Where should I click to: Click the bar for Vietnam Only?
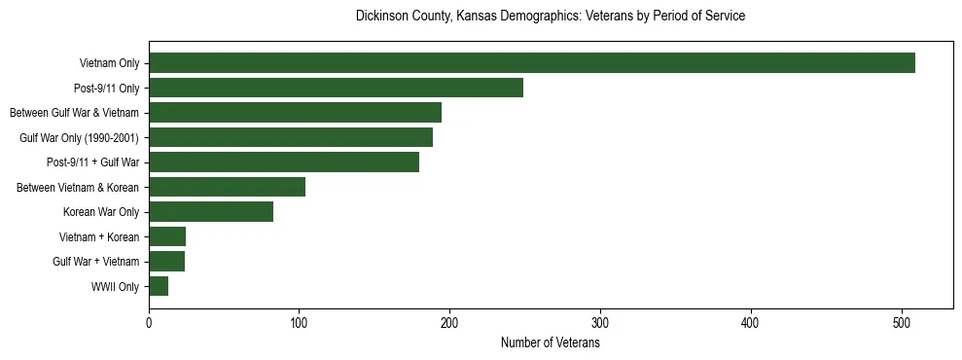[x=532, y=63]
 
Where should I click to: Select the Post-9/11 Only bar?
[x=336, y=88]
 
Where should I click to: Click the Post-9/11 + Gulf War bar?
[x=284, y=162]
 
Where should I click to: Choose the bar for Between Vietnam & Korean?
[x=227, y=187]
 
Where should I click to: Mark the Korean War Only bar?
[x=211, y=212]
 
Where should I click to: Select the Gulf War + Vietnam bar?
[x=166, y=262]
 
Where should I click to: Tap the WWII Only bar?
[x=159, y=286]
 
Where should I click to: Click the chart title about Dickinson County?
[x=550, y=17]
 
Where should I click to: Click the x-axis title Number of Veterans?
[x=550, y=343]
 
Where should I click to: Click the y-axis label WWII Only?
[x=116, y=287]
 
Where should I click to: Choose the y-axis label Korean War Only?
[x=101, y=212]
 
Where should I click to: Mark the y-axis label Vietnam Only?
[x=109, y=63]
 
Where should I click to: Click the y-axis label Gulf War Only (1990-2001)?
[x=80, y=138]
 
